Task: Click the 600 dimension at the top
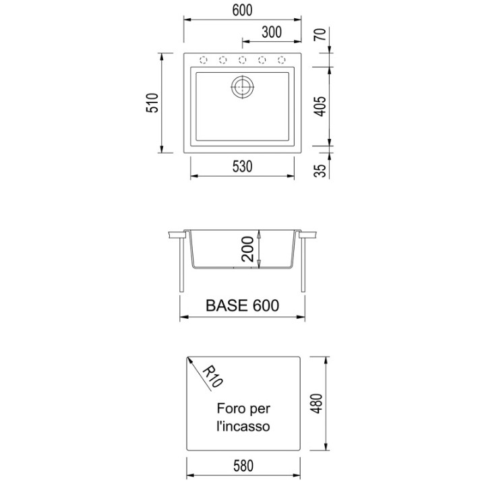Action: coord(242,10)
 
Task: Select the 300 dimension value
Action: coord(272,32)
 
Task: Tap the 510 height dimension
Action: coord(152,102)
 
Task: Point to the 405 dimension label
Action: coord(320,107)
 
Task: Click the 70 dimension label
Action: coord(320,34)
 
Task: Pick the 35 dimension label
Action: coord(320,171)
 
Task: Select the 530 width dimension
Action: coord(242,167)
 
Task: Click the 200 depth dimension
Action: coord(248,249)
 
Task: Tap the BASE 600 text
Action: coord(242,305)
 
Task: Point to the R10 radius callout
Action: coord(212,377)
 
